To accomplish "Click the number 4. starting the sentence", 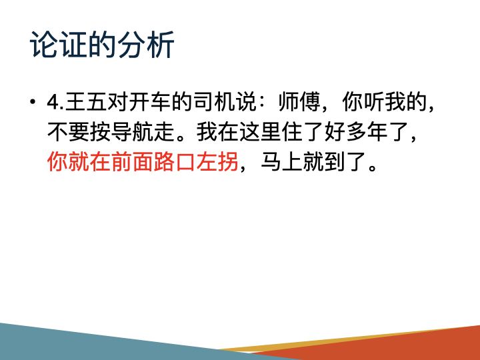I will pyautogui.click(x=55, y=103).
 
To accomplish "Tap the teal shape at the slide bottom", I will pyautogui.click(x=100, y=343).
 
